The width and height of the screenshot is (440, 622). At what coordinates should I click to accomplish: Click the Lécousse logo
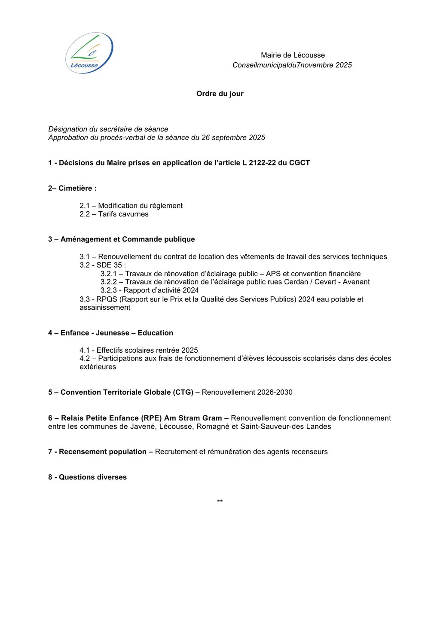click(89, 53)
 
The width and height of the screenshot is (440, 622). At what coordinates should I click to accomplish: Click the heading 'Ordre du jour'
click(220, 94)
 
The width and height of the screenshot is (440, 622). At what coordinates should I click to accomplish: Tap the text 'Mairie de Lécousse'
click(293, 55)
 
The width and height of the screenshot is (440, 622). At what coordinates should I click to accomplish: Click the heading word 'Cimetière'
click(76, 188)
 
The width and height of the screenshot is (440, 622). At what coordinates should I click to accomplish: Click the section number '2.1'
click(85, 206)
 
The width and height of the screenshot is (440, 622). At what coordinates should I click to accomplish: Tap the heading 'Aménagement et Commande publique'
click(128, 239)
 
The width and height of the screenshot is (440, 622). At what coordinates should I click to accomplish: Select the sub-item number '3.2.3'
click(109, 290)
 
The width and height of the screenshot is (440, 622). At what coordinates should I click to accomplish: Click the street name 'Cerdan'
click(296, 282)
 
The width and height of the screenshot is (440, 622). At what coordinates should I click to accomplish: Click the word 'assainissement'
click(105, 308)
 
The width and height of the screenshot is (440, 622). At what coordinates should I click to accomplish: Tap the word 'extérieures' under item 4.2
click(98, 367)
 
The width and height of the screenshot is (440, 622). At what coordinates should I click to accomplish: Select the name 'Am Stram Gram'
click(193, 418)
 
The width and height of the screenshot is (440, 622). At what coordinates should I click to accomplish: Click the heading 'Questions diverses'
click(93, 477)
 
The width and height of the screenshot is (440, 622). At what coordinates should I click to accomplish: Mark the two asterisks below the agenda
click(220, 502)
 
